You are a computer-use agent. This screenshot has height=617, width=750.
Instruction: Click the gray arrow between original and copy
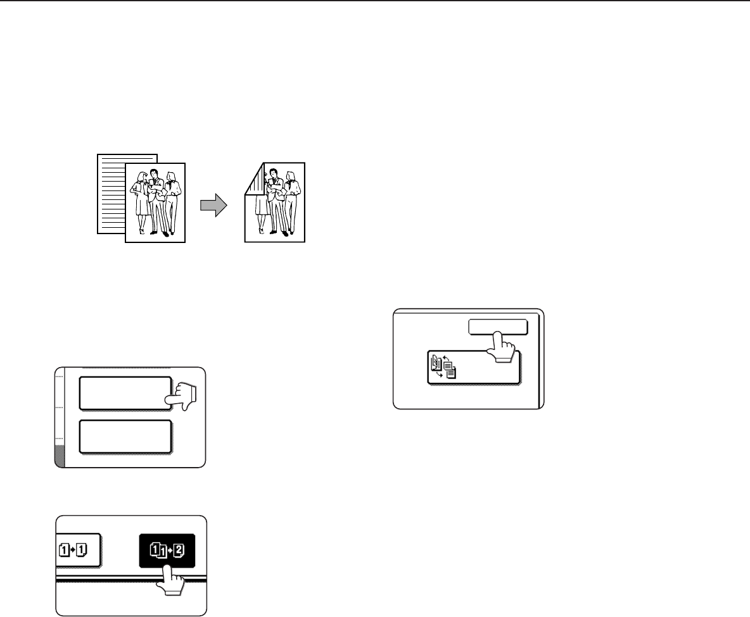pyautogui.click(x=213, y=205)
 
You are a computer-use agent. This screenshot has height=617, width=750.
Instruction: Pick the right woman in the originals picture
pyautogui.click(x=173, y=203)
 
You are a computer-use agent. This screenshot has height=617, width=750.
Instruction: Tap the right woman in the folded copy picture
pyautogui.click(x=293, y=203)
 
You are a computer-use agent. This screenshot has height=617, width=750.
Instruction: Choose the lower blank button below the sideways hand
pyautogui.click(x=125, y=437)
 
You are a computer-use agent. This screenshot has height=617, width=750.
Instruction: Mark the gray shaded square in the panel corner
pyautogui.click(x=60, y=456)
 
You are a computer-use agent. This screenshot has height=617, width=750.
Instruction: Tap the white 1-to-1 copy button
pyautogui.click(x=77, y=550)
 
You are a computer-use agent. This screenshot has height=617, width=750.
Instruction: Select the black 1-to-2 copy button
pyautogui.click(x=167, y=550)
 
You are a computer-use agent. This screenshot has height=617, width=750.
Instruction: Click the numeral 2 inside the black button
pyautogui.click(x=179, y=550)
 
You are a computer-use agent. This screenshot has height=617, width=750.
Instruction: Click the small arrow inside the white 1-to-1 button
pyautogui.click(x=73, y=550)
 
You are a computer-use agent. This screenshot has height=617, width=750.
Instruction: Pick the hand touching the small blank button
pyautogui.click(x=501, y=347)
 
